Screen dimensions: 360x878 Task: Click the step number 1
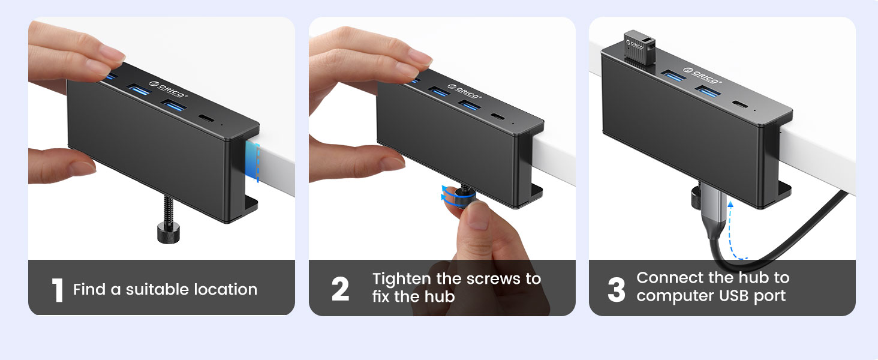pyautogui.click(x=58, y=290)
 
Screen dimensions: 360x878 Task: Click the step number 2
pyautogui.click(x=340, y=290)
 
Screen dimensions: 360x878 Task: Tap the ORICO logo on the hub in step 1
pyautogui.click(x=169, y=90)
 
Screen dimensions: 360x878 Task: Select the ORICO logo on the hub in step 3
pyautogui.click(x=708, y=77)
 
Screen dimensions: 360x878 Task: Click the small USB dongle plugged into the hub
pyautogui.click(x=639, y=45)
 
